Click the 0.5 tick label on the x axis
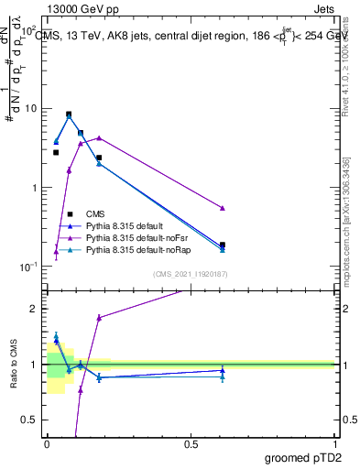tap(191, 443)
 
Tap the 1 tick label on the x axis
tap(334, 443)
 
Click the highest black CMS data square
tap(69, 115)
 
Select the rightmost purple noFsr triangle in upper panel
tap(223, 208)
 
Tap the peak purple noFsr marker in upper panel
tap(99, 138)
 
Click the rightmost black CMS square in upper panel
tap(223, 245)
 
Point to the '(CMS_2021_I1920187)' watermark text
tap(191, 274)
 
